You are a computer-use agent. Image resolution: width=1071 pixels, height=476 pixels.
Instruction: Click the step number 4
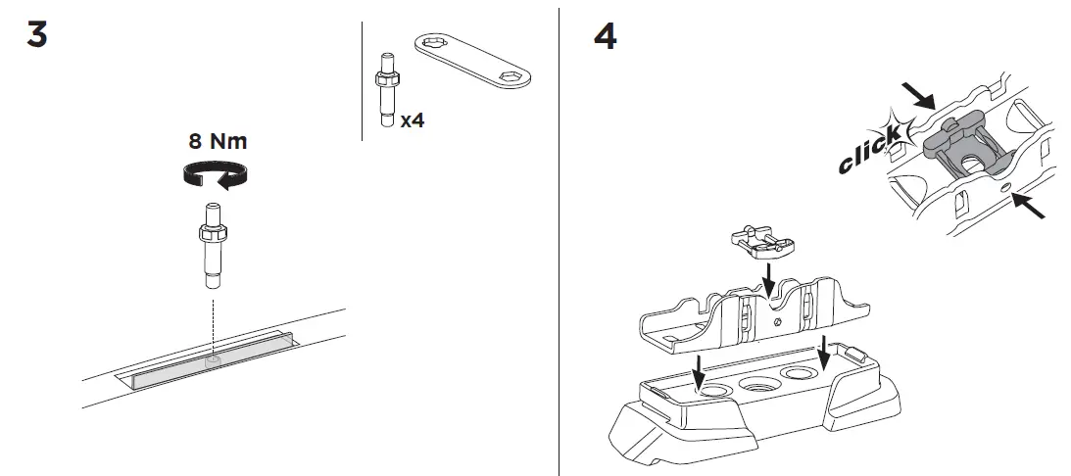(606, 36)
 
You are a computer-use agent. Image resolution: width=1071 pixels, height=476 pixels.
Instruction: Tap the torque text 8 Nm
(218, 141)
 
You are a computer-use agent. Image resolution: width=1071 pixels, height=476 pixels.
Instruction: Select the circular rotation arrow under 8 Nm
(215, 175)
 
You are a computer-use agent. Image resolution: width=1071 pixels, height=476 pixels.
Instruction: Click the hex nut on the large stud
(214, 236)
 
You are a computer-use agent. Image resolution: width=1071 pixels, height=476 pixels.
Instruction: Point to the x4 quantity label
(413, 121)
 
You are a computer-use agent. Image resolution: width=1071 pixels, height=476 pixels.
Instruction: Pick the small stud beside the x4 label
(385, 92)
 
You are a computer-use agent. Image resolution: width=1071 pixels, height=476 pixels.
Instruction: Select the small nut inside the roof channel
(214, 360)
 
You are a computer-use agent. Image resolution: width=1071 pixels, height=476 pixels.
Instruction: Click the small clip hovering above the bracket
(760, 239)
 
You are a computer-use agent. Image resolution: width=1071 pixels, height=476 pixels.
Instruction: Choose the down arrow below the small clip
(770, 274)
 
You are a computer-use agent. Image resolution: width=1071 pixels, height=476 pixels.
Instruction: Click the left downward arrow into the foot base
(698, 371)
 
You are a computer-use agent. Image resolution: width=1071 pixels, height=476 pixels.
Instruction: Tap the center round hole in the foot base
(757, 385)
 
